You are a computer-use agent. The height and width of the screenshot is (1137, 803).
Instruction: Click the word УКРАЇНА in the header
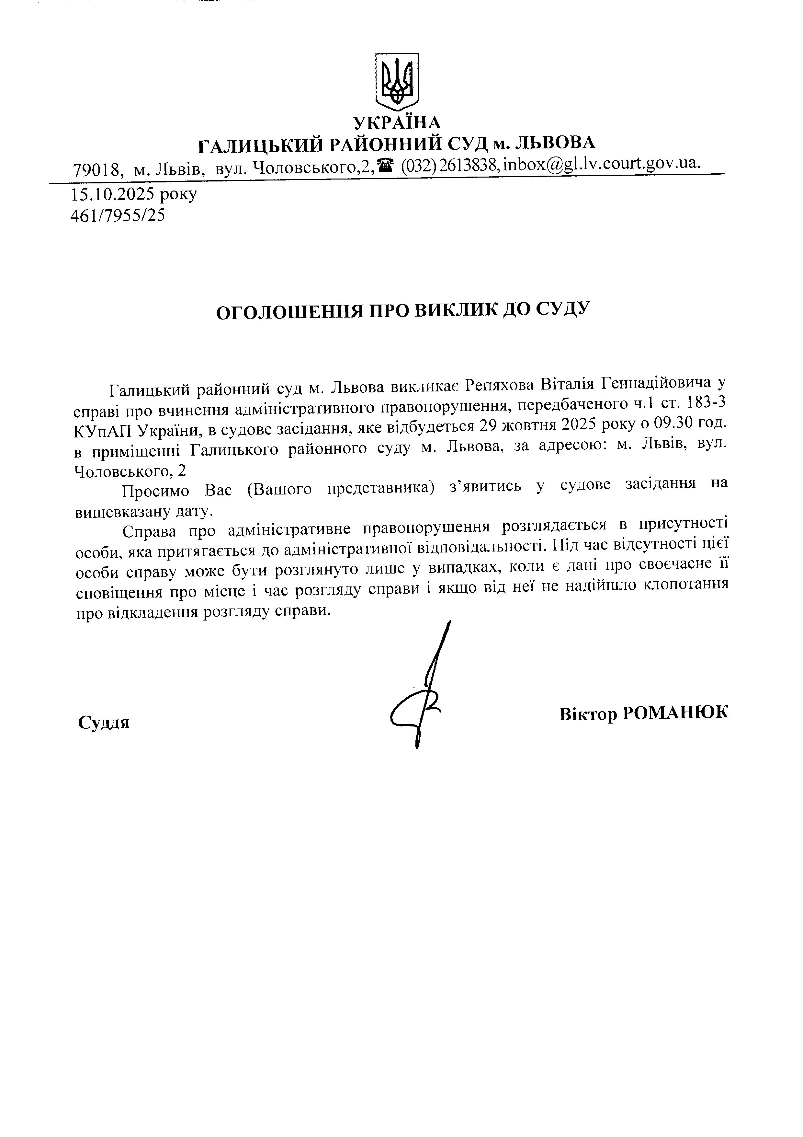pyautogui.click(x=396, y=122)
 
